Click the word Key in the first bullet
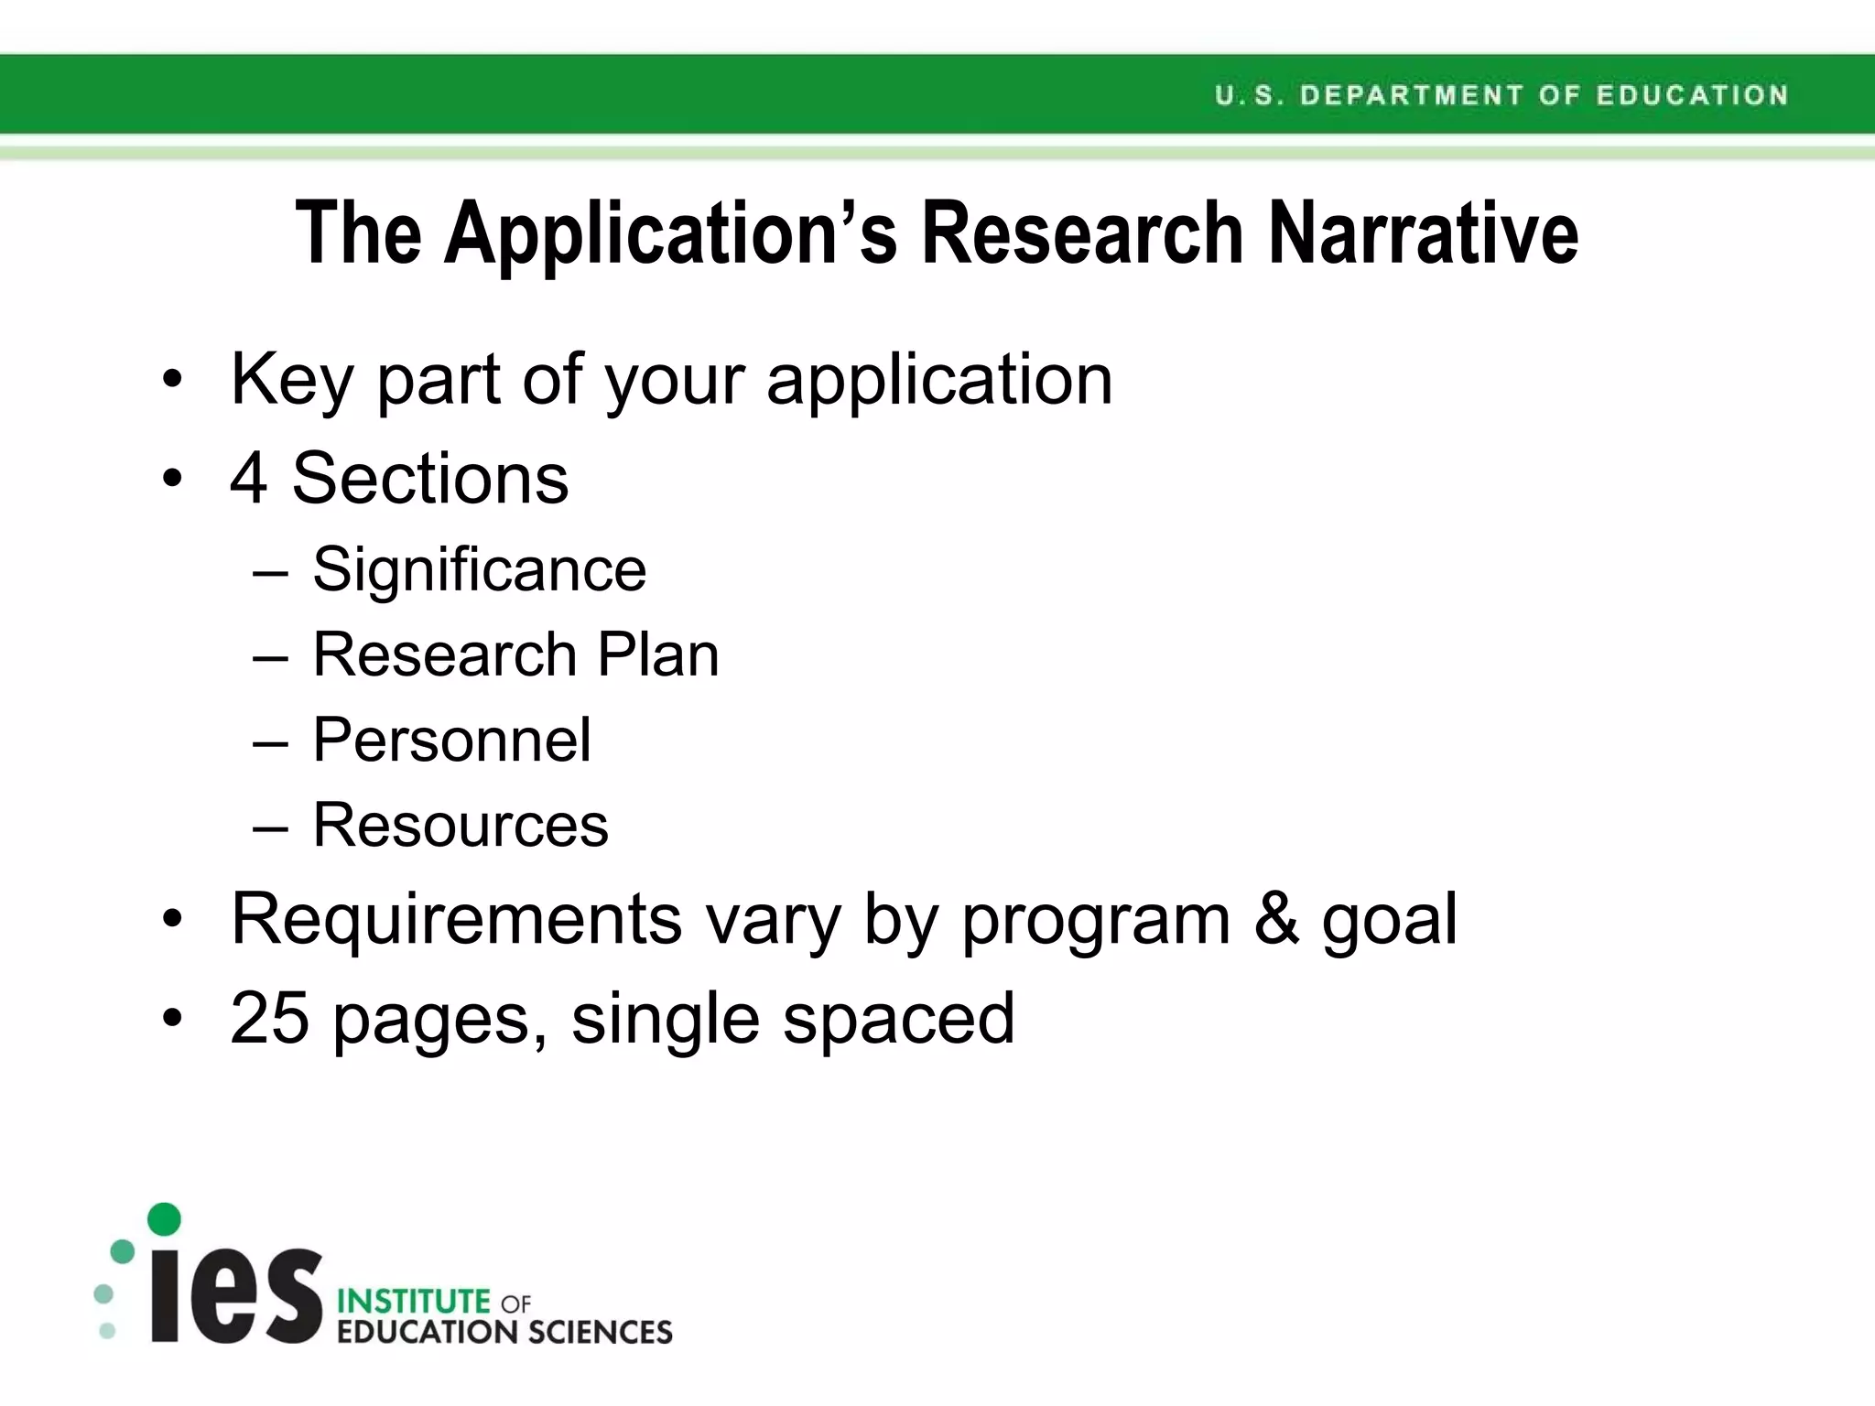[x=291, y=380]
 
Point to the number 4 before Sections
[x=249, y=478]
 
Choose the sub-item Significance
[x=480, y=569]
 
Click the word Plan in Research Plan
[x=657, y=654]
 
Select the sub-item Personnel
[x=452, y=740]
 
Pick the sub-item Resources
[x=461, y=825]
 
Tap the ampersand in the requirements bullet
[x=1276, y=918]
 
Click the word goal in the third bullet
[x=1389, y=921]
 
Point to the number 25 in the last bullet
[x=269, y=1018]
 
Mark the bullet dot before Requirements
[x=172, y=919]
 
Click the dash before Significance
[x=270, y=573]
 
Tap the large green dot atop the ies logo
[x=164, y=1219]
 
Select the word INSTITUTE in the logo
[x=414, y=1301]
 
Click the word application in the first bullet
[x=939, y=380]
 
